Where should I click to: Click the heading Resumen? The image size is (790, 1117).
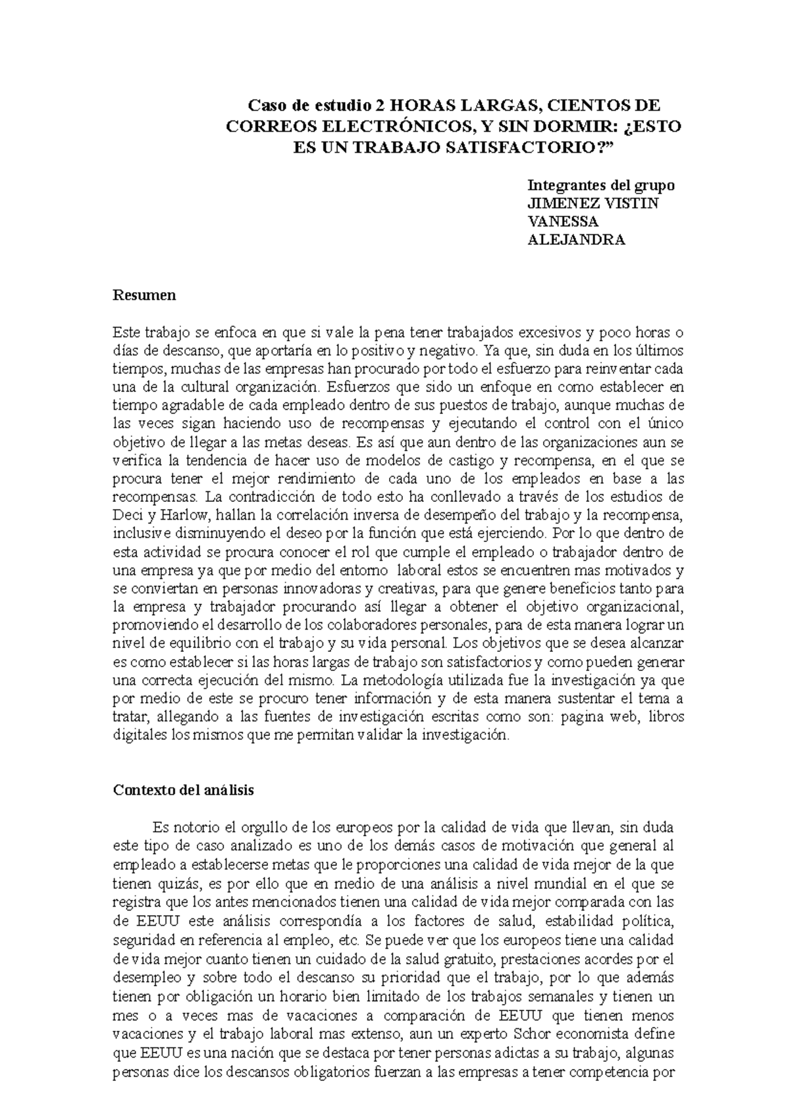(144, 295)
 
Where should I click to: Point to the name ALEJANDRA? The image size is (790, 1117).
(576, 239)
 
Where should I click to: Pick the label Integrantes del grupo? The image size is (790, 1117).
(601, 185)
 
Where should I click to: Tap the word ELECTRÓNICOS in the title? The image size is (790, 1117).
(388, 126)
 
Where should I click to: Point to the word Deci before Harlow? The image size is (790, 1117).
(126, 513)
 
